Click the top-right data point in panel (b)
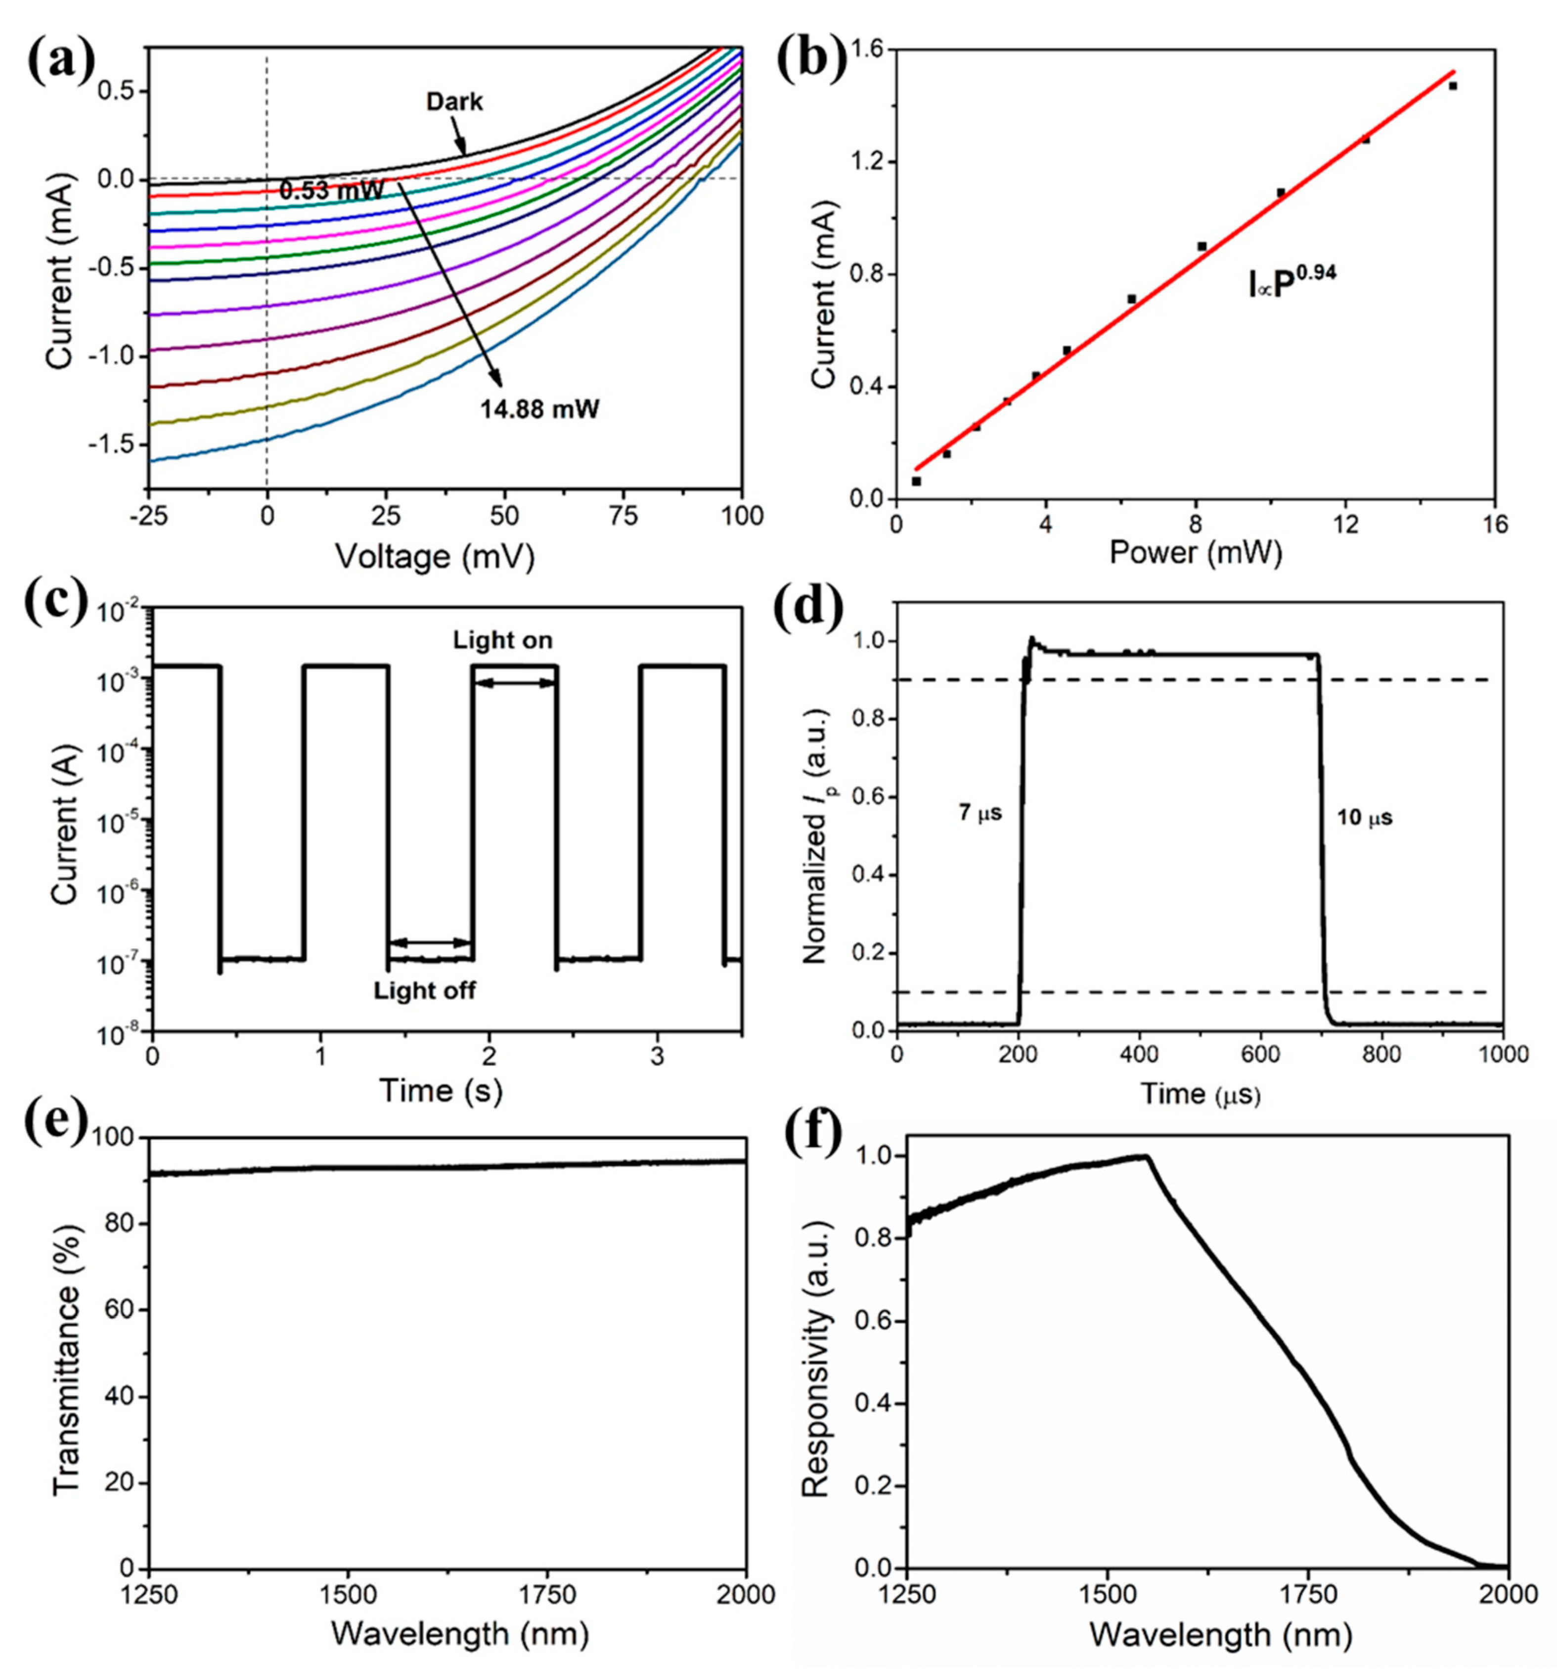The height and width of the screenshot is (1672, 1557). click(x=1453, y=86)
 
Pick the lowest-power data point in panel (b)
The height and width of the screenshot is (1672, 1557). click(x=916, y=481)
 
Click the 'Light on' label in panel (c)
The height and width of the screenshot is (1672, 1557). click(x=503, y=640)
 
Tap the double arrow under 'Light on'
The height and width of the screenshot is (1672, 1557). click(x=515, y=683)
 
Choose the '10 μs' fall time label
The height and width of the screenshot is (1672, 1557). click(x=1364, y=817)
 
